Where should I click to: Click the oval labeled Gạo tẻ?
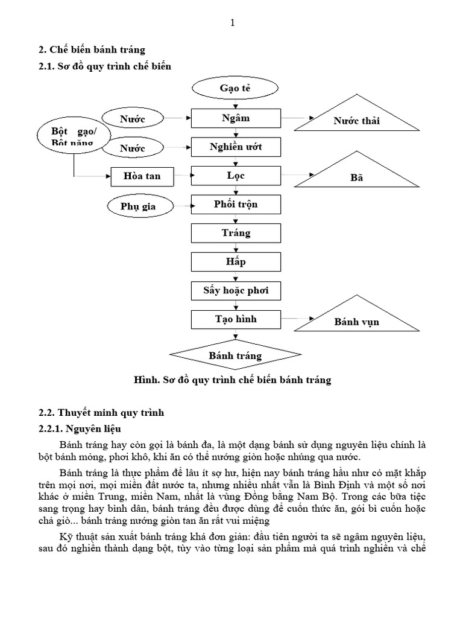pos(236,89)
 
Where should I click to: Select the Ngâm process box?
pos(236,118)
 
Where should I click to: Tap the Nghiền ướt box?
pos(236,147)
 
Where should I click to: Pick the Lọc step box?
pos(236,176)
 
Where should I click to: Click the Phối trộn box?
pos(236,204)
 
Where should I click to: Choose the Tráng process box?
pos(236,233)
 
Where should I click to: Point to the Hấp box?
pos(236,261)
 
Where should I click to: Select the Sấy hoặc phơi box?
pos(236,290)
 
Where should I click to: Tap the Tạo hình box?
pos(236,319)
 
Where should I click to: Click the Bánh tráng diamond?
pos(236,355)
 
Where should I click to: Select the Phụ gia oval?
pos(138,206)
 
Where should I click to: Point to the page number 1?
pos(232,23)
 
